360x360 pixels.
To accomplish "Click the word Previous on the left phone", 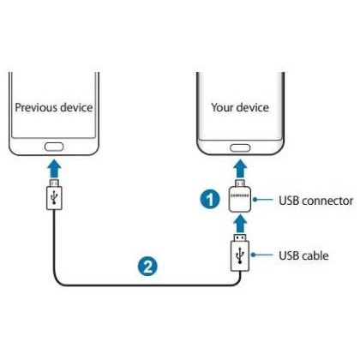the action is [x=36, y=107].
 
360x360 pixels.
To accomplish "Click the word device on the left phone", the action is [x=76, y=107].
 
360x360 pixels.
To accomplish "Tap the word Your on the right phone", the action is [x=222, y=107].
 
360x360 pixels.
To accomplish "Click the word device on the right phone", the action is [x=252, y=107].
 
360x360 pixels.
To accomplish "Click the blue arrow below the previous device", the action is [x=54, y=169].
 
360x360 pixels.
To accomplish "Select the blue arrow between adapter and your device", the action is [x=240, y=169].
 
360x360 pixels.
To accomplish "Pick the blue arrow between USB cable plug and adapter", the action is [x=240, y=224].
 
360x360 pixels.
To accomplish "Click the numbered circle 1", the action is [x=210, y=199].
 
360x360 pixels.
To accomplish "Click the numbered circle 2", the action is [x=147, y=267].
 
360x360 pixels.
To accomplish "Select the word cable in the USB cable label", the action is [x=315, y=255].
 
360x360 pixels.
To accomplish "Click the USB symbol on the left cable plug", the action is [x=54, y=197].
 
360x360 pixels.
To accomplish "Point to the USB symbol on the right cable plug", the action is [x=240, y=255].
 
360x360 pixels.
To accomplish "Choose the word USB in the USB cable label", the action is [x=289, y=255].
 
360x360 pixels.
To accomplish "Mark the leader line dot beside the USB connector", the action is [x=255, y=200].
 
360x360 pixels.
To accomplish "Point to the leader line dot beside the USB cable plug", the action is [x=253, y=255].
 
